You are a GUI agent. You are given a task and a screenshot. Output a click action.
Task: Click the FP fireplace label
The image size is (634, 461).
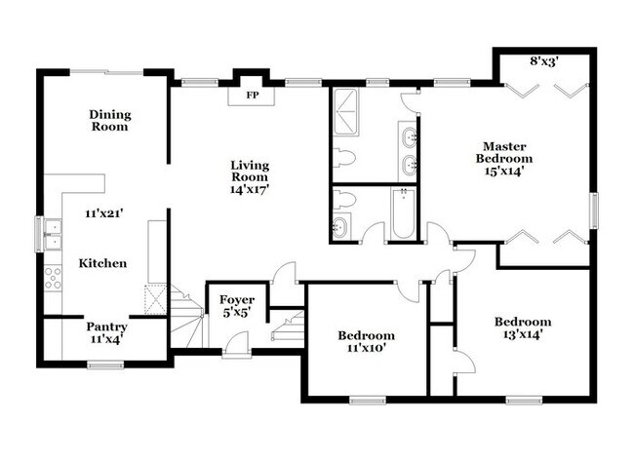(253, 96)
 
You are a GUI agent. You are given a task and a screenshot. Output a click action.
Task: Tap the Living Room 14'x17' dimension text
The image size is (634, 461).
(250, 189)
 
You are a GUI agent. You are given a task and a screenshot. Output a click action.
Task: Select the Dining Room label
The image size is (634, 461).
(110, 121)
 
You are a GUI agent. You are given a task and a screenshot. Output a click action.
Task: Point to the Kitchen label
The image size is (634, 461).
(102, 263)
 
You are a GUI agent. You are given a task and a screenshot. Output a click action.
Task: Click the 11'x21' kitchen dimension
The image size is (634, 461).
(103, 213)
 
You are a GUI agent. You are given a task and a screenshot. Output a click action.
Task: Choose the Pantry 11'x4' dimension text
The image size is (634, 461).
(106, 339)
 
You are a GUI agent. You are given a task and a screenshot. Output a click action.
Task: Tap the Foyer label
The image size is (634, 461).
(237, 300)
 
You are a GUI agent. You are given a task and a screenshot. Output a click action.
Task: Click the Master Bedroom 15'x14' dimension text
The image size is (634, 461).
(504, 171)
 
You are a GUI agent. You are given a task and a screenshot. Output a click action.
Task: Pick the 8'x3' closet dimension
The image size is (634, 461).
(544, 61)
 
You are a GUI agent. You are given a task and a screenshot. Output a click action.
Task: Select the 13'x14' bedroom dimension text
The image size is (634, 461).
(523, 334)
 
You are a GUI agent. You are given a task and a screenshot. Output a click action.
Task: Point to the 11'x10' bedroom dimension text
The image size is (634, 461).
(367, 348)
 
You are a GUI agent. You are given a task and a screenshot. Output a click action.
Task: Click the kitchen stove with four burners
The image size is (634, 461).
(53, 278)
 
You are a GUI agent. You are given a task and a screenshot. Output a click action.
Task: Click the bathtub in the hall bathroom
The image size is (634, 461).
(403, 212)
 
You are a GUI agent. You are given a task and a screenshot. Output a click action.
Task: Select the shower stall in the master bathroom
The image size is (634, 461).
(345, 112)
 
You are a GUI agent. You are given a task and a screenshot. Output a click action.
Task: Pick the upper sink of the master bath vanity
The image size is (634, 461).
(410, 136)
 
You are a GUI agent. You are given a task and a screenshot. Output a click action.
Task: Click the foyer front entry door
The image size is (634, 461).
(237, 345)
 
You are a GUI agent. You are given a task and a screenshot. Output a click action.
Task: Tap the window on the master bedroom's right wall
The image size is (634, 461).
(594, 211)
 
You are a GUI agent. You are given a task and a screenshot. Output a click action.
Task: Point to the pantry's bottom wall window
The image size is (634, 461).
(105, 365)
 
